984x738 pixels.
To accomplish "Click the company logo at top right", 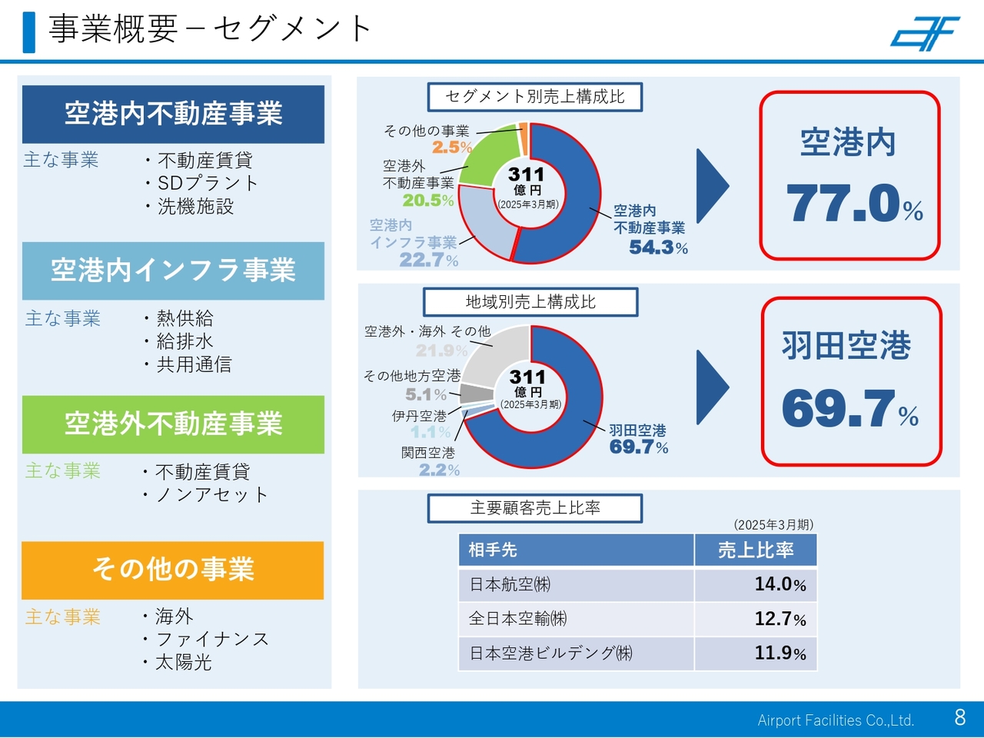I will pyautogui.click(x=926, y=33).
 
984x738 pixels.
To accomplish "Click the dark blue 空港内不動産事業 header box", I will pyautogui.click(x=173, y=114).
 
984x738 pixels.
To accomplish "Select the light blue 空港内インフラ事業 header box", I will pyautogui.click(x=173, y=271).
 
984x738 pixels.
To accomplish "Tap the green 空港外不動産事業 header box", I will pyautogui.click(x=173, y=424).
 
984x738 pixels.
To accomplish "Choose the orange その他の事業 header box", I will pyautogui.click(x=173, y=570).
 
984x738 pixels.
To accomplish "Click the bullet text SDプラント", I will pyautogui.click(x=207, y=183).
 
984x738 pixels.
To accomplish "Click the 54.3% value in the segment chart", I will pyautogui.click(x=658, y=247).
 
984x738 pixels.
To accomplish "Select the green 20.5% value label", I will pyautogui.click(x=428, y=200).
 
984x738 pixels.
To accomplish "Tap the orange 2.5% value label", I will pyautogui.click(x=452, y=147).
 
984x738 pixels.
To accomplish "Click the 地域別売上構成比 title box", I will pyautogui.click(x=530, y=302).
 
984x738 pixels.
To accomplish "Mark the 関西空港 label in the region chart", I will pyautogui.click(x=428, y=453).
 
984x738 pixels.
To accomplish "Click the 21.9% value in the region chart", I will pyautogui.click(x=441, y=351).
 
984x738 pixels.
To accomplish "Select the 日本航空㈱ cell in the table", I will pyautogui.click(x=510, y=584).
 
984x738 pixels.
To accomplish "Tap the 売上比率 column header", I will pyautogui.click(x=755, y=550).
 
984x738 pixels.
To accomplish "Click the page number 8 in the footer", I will pyautogui.click(x=959, y=717).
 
